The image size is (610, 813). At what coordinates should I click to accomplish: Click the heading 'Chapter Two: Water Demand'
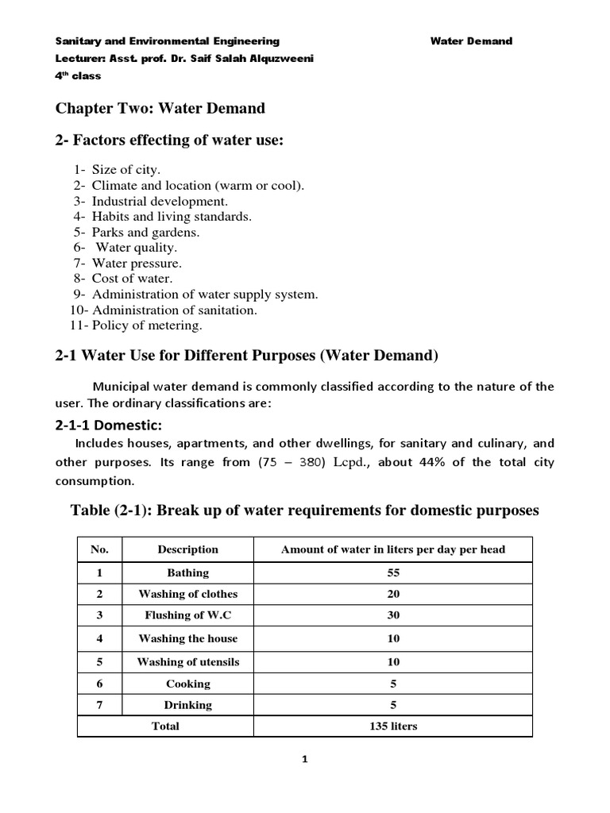pos(160,107)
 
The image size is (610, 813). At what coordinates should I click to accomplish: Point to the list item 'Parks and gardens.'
pos(145,232)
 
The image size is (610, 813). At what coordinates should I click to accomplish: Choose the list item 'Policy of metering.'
pos(147,325)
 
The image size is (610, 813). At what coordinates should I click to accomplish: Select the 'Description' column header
pos(187,549)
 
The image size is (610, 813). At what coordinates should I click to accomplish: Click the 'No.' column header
pos(100,549)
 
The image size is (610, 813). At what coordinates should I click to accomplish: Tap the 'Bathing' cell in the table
pos(187,572)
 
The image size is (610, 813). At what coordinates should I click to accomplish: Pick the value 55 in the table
pos(392,572)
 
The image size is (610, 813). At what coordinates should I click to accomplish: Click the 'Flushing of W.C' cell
pos(187,615)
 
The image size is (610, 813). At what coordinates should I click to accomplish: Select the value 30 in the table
pos(392,615)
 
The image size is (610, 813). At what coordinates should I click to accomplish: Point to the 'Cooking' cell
pos(187,684)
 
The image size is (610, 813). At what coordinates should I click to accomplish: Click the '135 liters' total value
pos(392,726)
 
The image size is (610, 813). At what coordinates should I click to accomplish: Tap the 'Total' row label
pos(165,726)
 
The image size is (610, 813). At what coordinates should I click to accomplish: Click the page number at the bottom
pos(304,759)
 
